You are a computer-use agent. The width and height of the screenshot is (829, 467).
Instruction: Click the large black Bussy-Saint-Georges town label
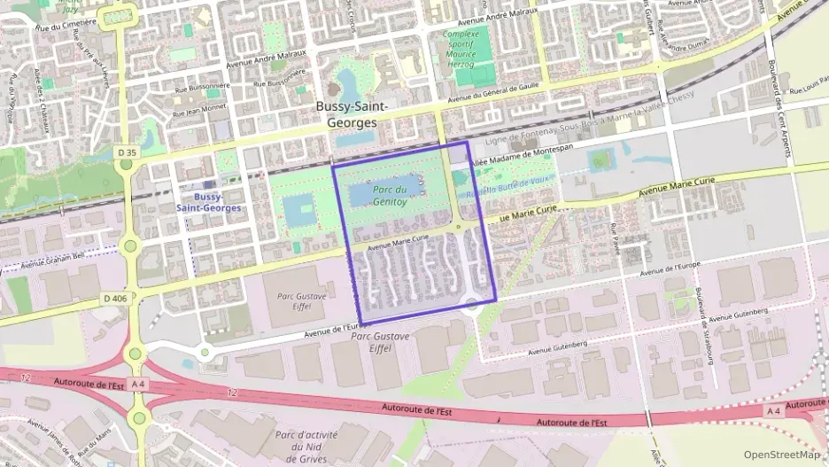[x=353, y=114]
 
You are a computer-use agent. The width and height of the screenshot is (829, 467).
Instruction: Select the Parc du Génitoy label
[x=390, y=195]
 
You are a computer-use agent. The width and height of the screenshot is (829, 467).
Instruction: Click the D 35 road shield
[x=127, y=152]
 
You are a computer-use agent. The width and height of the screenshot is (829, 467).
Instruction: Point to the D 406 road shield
[x=115, y=298]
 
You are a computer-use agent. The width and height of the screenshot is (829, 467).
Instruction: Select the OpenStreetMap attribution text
[x=781, y=455]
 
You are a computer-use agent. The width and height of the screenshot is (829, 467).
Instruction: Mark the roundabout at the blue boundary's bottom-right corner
[x=472, y=308]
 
